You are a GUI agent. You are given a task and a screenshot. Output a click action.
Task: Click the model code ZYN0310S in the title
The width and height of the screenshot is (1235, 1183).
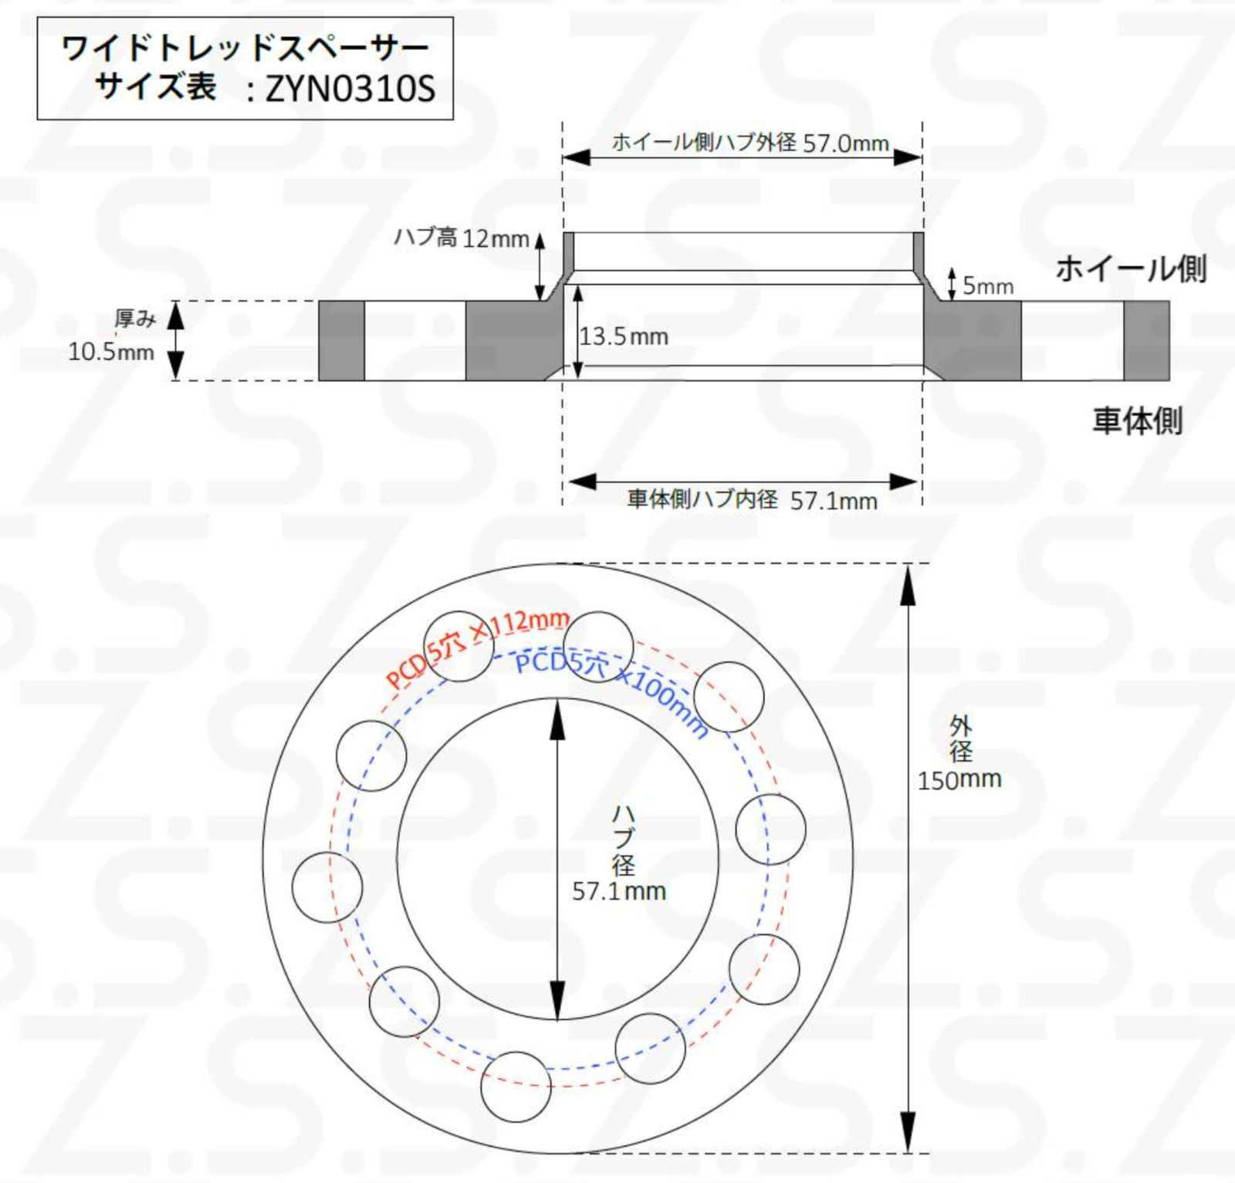[350, 89]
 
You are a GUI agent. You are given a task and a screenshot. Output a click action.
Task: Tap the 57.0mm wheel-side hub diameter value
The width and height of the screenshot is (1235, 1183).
[846, 144]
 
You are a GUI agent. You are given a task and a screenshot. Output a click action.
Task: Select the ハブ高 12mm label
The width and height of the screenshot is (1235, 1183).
[461, 238]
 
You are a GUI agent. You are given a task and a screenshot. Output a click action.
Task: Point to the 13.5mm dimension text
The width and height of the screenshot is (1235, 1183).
[624, 336]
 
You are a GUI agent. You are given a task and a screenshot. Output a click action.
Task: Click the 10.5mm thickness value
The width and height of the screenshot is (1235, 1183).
[111, 352]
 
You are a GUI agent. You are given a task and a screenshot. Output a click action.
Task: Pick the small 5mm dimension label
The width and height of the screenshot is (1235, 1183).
[987, 286]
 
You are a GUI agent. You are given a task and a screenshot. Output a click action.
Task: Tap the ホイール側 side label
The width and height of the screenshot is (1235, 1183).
[1130, 269]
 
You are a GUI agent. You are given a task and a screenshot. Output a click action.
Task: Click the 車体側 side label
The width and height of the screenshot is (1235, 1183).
[1137, 421]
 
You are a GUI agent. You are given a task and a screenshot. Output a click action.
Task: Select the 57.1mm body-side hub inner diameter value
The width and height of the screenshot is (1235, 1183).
[834, 501]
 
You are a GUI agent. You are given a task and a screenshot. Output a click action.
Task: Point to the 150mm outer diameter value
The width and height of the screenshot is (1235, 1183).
[959, 779]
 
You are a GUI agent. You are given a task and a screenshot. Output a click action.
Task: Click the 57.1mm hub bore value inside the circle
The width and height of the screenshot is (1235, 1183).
[619, 891]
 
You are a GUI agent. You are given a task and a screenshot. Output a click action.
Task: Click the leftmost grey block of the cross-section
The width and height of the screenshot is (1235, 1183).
[341, 340]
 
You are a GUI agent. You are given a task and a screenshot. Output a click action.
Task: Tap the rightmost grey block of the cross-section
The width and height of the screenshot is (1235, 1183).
[1146, 340]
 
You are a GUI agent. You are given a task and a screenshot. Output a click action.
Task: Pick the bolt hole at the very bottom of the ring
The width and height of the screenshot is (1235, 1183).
[516, 1087]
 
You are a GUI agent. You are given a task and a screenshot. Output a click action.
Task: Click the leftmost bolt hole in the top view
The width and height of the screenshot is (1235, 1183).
[327, 887]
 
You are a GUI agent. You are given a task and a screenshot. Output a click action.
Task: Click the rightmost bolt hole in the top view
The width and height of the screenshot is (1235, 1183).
[770, 830]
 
